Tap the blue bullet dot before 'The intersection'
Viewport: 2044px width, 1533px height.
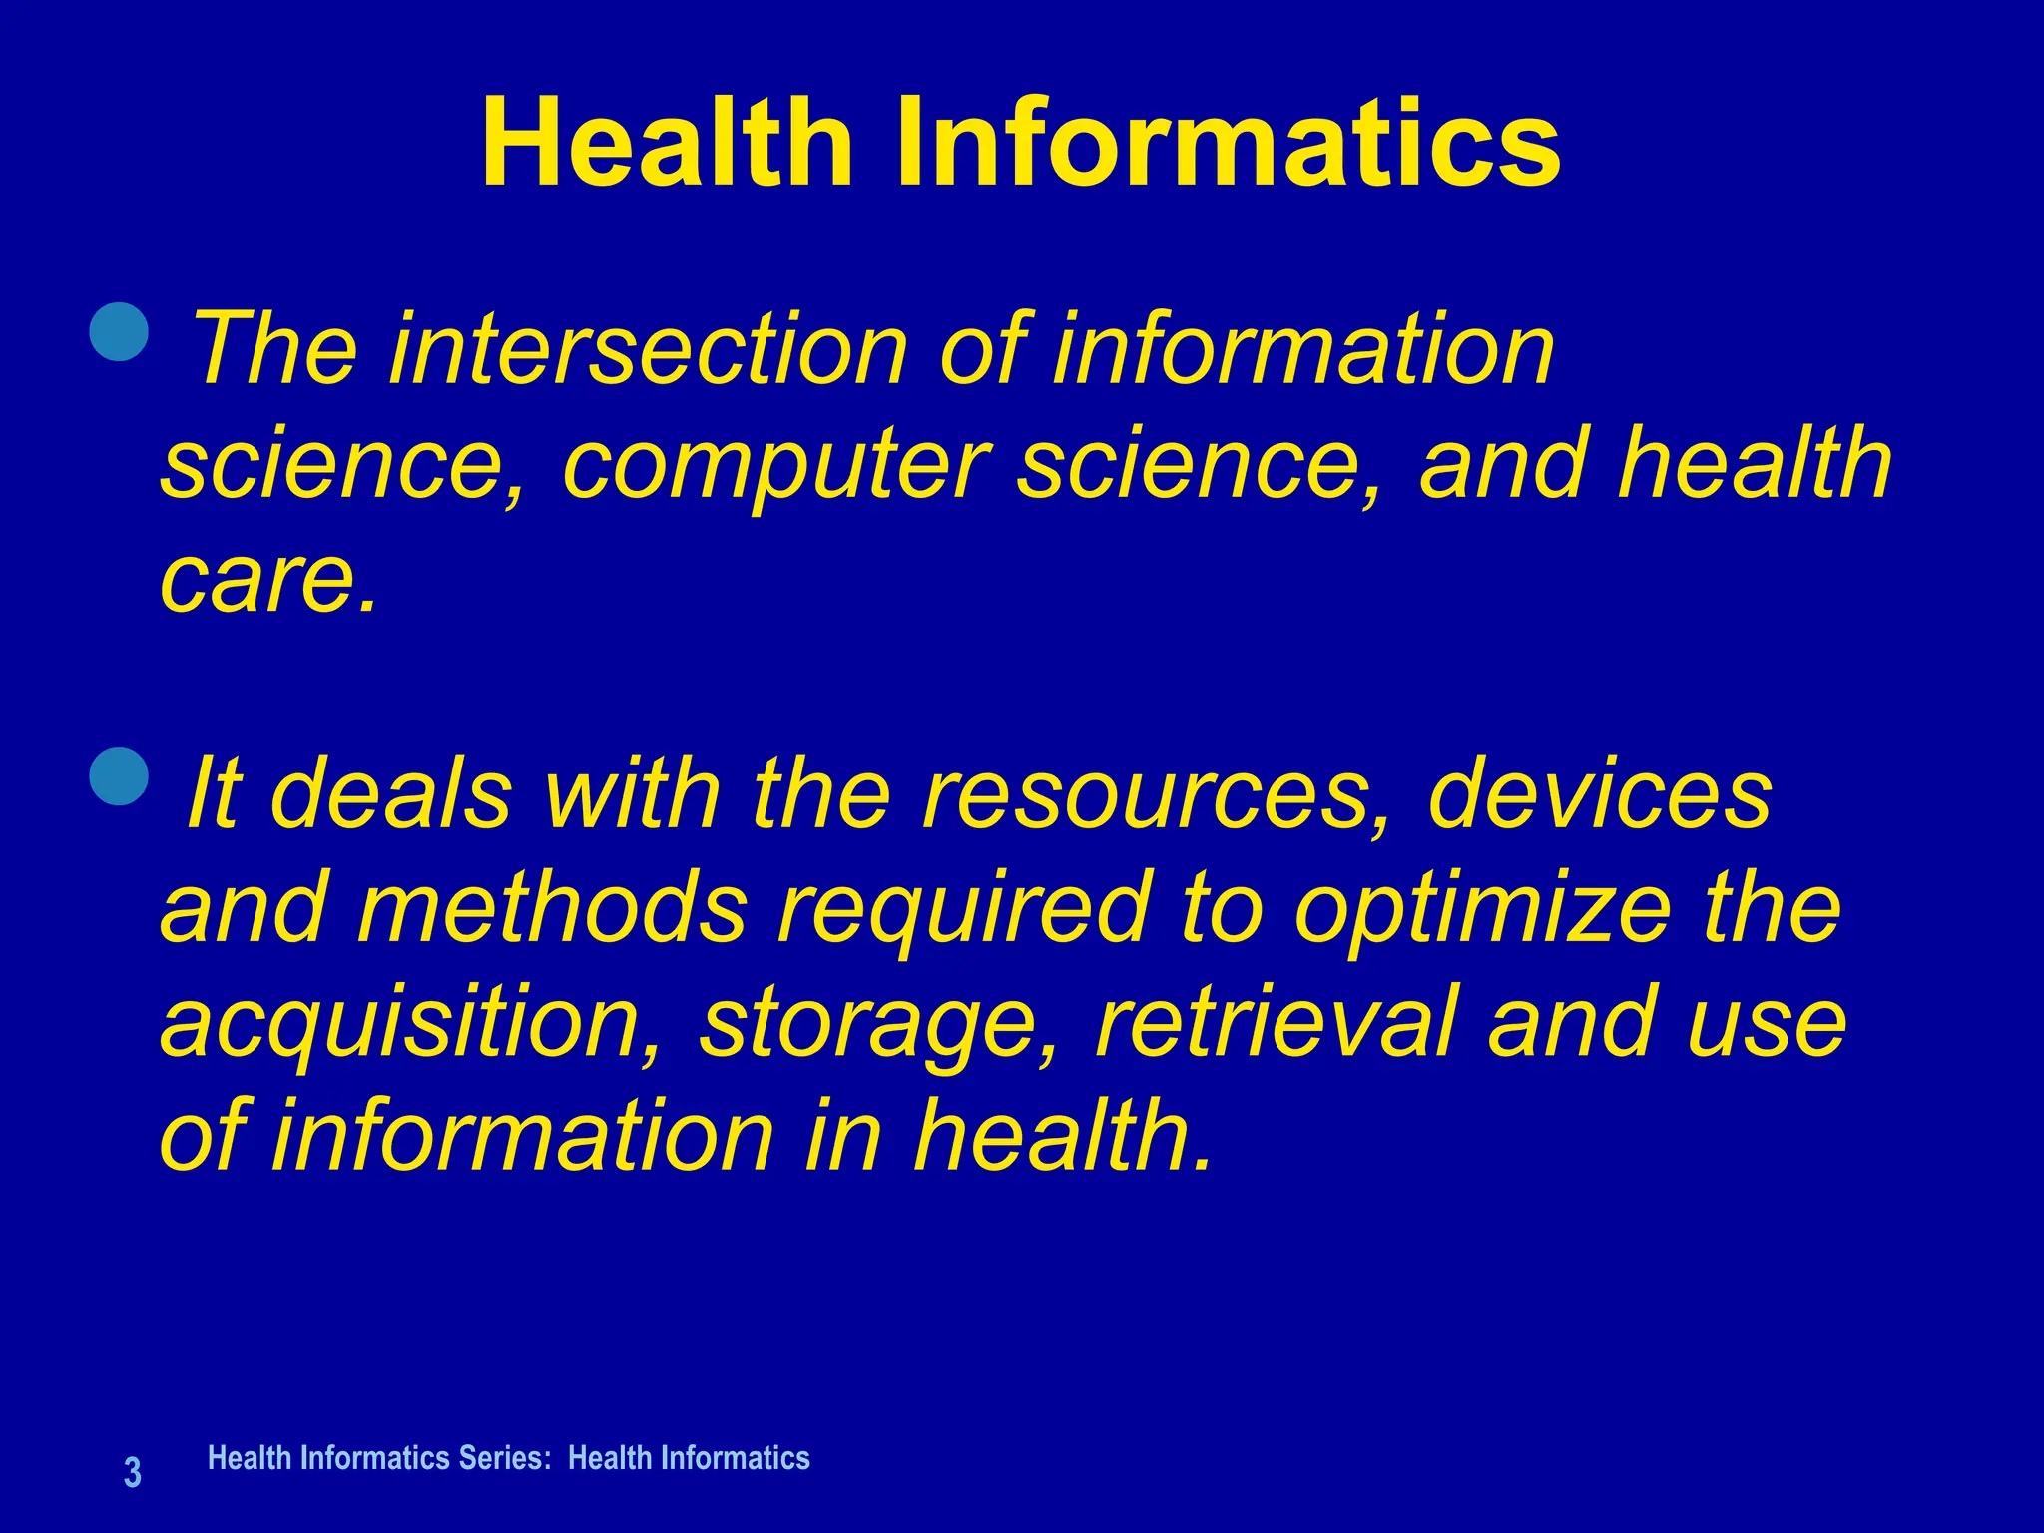pyautogui.click(x=119, y=330)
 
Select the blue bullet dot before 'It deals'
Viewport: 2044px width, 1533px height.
pyautogui.click(x=119, y=775)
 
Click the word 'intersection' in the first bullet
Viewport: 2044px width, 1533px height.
pyautogui.click(x=649, y=348)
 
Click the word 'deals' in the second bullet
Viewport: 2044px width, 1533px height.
pyautogui.click(x=391, y=794)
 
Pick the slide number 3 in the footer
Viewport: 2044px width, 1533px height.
pyautogui.click(x=132, y=1473)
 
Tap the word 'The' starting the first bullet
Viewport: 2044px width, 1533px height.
pyautogui.click(x=275, y=348)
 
